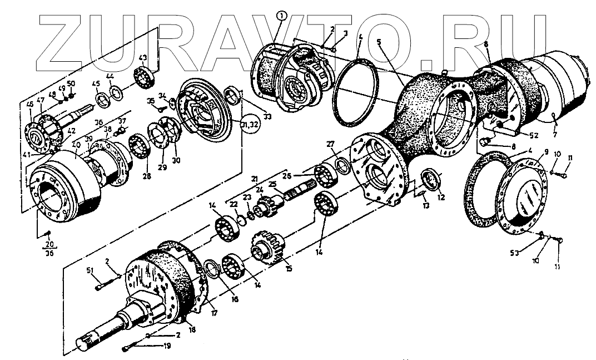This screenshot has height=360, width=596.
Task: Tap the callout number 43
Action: [142, 58]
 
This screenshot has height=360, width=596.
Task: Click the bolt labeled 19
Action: [128, 348]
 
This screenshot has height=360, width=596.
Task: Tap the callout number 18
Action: [192, 329]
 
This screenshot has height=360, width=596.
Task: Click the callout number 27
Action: [331, 145]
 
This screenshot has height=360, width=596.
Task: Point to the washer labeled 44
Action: [117, 91]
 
